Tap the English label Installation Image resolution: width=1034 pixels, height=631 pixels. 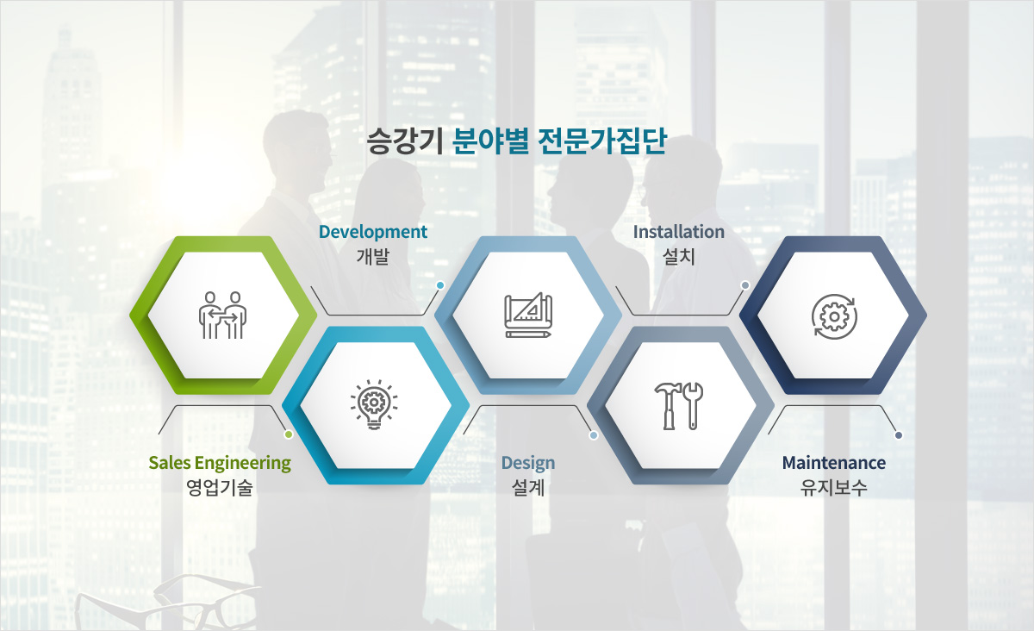[679, 232]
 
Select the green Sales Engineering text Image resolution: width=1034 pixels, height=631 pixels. [220, 463]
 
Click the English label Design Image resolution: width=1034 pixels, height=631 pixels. [528, 463]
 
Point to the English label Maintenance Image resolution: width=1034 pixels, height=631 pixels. [834, 463]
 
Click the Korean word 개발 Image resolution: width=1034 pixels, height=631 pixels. [373, 257]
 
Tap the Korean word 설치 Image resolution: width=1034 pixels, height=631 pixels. [679, 257]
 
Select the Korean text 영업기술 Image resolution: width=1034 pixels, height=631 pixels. [220, 488]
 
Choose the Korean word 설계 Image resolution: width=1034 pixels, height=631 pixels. [528, 488]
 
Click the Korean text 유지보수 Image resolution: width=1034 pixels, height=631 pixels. [834, 488]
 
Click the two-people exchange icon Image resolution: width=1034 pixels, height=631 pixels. [222, 315]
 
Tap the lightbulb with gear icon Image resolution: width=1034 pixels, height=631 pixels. [374, 404]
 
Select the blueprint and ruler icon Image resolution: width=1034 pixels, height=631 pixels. [528, 315]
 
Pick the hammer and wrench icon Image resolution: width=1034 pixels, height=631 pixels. [679, 405]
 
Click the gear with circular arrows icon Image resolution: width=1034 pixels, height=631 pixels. [834, 316]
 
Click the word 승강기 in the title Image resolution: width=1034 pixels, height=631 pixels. [405, 141]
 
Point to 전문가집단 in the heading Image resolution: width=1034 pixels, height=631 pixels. [602, 141]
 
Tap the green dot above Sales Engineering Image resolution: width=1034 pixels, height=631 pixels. [289, 434]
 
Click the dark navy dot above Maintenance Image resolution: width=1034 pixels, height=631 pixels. [898, 435]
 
